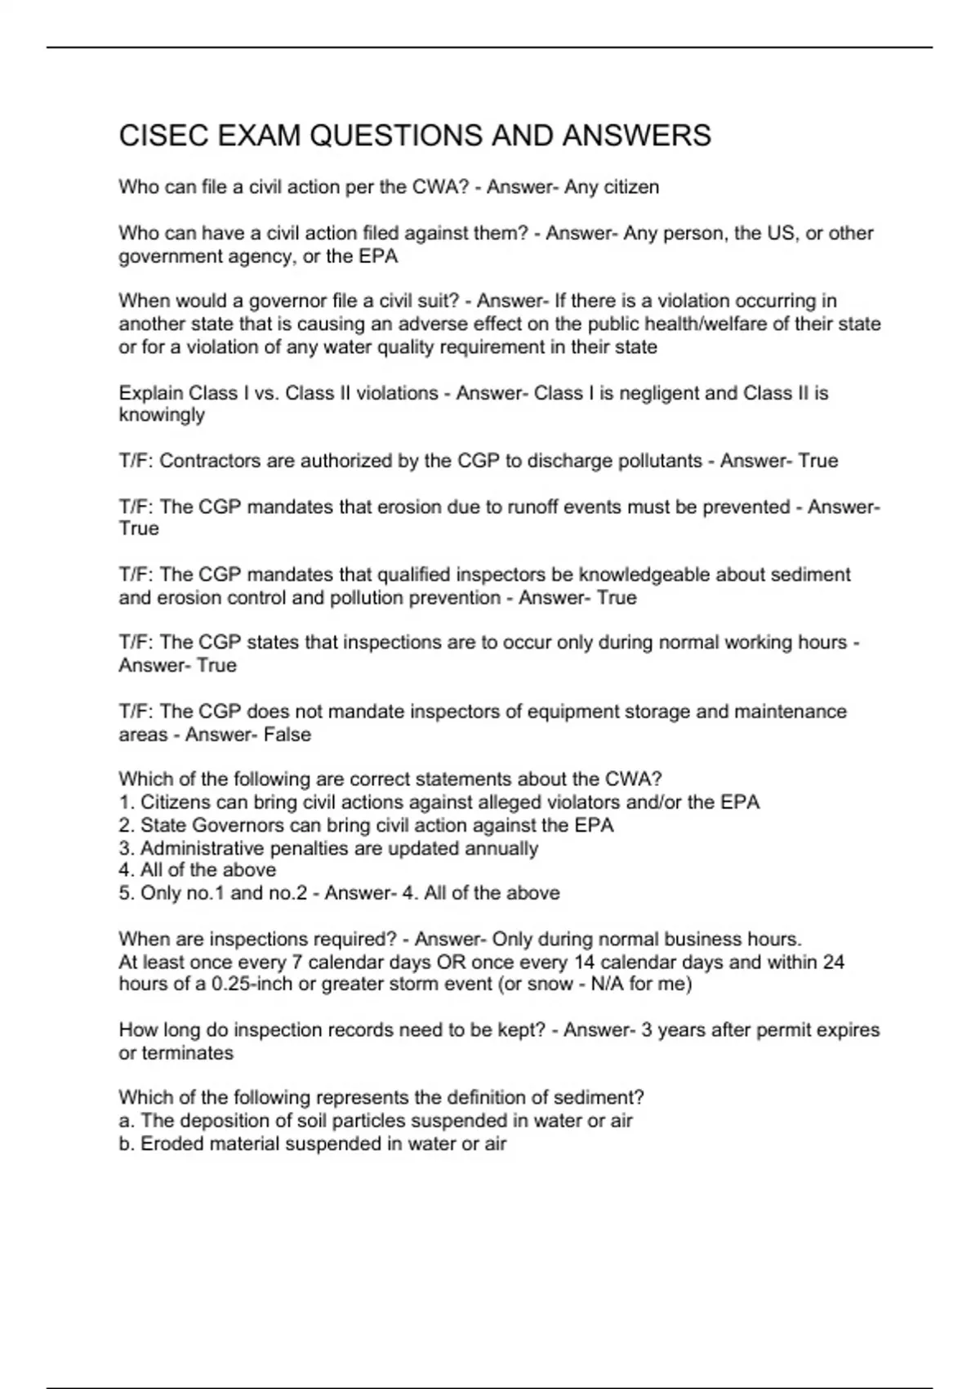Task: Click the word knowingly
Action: (x=162, y=415)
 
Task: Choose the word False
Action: (x=287, y=735)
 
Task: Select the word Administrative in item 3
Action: (x=196, y=848)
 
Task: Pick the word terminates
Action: (x=188, y=1053)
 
